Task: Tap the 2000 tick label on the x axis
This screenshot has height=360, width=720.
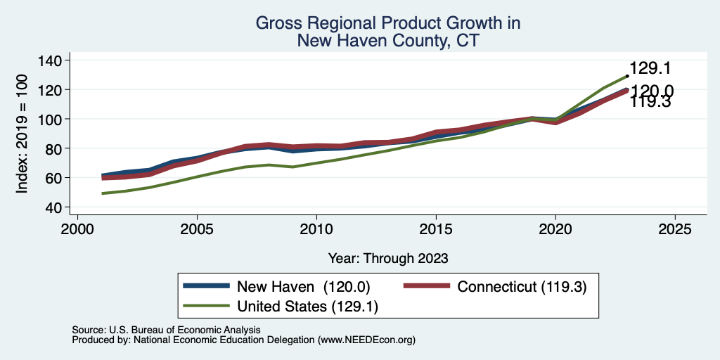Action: point(77,229)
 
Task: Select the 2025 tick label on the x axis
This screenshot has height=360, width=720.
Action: point(675,229)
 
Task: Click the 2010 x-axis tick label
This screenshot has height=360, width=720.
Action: point(316,229)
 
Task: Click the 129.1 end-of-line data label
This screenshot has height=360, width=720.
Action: point(650,68)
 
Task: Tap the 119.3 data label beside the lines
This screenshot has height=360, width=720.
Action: point(650,102)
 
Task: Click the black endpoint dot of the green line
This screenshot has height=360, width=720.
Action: point(627,76)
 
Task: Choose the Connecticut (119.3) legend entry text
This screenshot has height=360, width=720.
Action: point(522,287)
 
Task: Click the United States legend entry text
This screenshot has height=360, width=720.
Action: point(308,307)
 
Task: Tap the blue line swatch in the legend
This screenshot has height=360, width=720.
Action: point(206,286)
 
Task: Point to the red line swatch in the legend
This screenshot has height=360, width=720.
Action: point(427,286)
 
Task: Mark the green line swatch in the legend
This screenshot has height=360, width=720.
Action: point(206,306)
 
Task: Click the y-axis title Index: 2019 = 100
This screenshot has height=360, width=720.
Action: point(22,134)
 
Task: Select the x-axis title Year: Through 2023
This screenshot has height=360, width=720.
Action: point(388,259)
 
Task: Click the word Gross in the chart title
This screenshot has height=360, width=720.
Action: point(276,23)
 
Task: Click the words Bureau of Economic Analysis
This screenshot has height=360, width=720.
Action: point(216,330)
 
